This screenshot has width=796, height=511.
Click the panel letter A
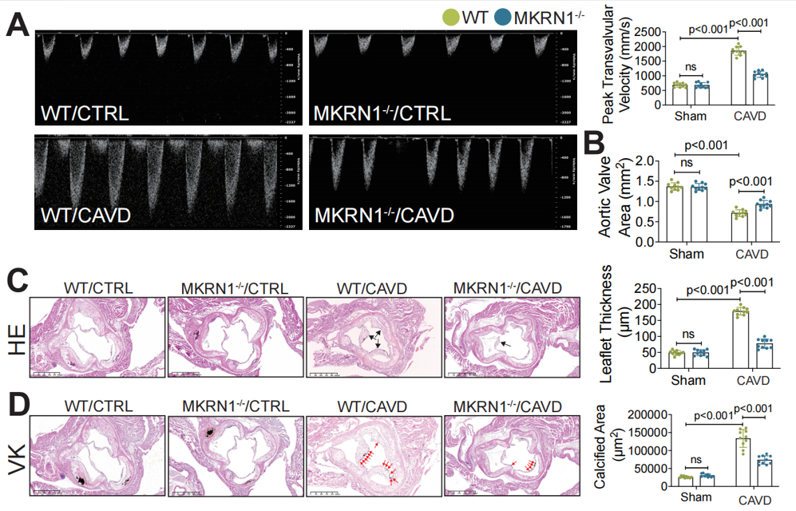coord(18,25)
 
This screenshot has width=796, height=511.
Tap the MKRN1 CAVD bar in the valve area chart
coord(764,223)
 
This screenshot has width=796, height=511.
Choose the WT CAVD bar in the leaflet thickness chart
coord(739,337)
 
